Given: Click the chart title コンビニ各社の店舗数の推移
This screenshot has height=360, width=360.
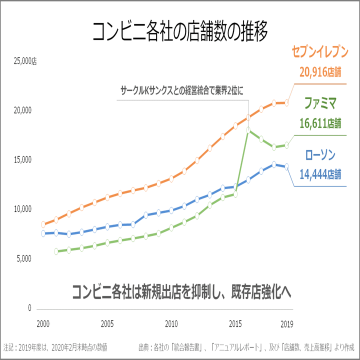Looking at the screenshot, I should pyautogui.click(x=180, y=31).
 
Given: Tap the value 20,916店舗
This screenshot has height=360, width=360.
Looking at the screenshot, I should pyautogui.click(x=320, y=72).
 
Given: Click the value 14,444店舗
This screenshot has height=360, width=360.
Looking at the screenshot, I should pyautogui.click(x=320, y=174).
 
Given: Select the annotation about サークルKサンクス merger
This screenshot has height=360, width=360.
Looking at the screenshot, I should pyautogui.click(x=182, y=91).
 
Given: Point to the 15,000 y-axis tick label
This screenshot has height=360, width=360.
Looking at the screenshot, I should pyautogui.click(x=20, y=160).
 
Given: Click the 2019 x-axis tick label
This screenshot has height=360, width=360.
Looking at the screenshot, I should pyautogui.click(x=286, y=323).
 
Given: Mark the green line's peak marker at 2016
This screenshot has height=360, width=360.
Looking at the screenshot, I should pyautogui.click(x=248, y=129).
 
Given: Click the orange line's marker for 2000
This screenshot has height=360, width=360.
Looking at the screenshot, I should pyautogui.click(x=43, y=224).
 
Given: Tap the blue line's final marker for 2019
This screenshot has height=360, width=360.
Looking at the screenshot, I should pyautogui.click(x=286, y=167).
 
